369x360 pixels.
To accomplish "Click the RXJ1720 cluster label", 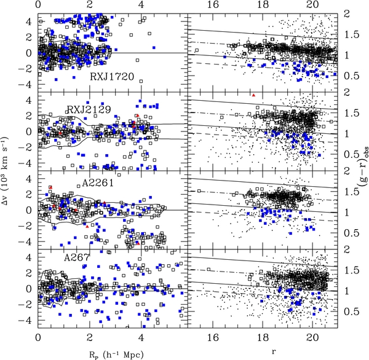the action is tap(112, 77).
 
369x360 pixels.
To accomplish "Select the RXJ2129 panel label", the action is tap(89, 109).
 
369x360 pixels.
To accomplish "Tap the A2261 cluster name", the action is tap(98, 182).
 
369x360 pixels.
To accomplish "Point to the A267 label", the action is tap(77, 258).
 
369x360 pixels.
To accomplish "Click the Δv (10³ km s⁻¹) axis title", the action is tap(5, 171).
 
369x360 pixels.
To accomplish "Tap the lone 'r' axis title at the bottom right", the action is tap(273, 352).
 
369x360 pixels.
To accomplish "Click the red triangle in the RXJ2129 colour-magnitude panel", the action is tap(253, 95).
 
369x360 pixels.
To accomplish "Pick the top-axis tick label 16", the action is tap(213, 5).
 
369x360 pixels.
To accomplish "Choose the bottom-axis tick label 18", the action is tap(263, 338).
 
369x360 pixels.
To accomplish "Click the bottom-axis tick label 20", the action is tap(312, 338).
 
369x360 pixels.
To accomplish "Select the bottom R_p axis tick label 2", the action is tap(89, 338).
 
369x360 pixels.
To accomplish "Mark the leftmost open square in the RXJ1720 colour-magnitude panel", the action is tap(197, 50).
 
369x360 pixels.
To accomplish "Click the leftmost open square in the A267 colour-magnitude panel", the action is tap(208, 269).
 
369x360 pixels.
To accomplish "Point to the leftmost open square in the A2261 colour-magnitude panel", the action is tap(199, 190).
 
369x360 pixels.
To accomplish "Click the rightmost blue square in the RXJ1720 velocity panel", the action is tap(154, 47).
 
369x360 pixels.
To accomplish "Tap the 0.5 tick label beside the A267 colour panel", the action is tap(352, 312).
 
